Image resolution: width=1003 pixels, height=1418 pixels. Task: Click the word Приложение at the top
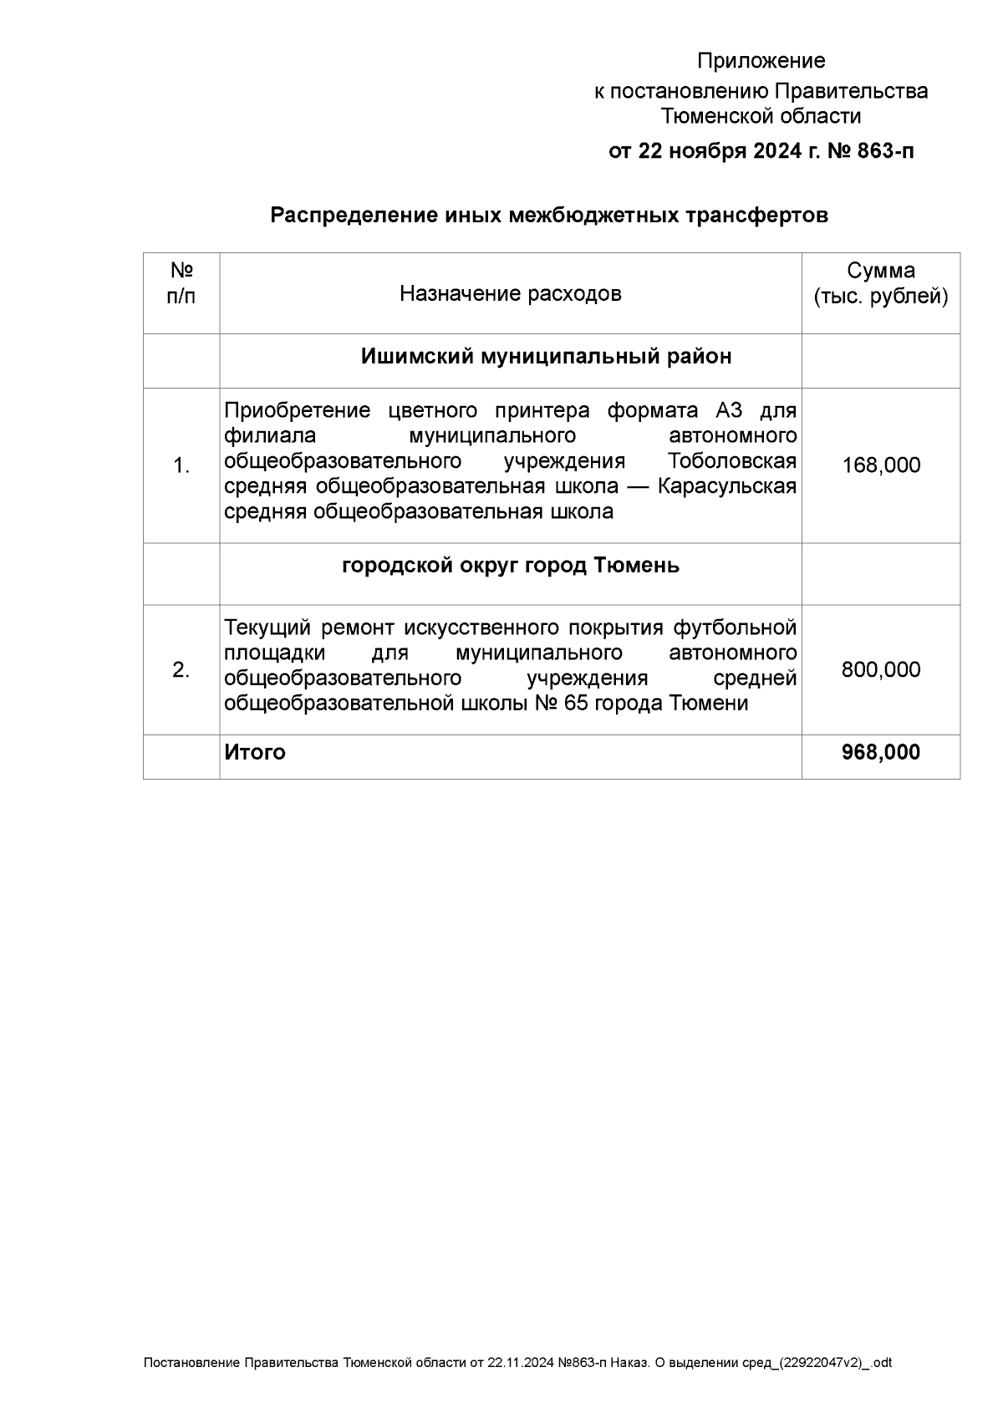point(761,61)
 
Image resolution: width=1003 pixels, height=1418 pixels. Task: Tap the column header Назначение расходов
point(510,293)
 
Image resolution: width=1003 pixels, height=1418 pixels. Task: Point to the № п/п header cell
point(181,283)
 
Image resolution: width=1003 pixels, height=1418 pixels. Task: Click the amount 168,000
point(881,465)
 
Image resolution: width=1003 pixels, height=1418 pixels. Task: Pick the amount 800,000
point(881,670)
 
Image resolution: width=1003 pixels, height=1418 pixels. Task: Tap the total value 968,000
point(881,752)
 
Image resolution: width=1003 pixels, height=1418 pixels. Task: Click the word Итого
point(255,752)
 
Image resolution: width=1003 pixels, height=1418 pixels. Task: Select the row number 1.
point(181,466)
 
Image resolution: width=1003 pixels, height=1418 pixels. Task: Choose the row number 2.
point(181,670)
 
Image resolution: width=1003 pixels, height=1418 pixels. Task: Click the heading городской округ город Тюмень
point(511,566)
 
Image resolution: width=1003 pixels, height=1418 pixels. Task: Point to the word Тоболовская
point(732,461)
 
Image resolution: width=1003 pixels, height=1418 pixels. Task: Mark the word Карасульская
point(726,486)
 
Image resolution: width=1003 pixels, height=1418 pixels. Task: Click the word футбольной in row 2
point(735,628)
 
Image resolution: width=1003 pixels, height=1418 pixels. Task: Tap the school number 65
point(577,704)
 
